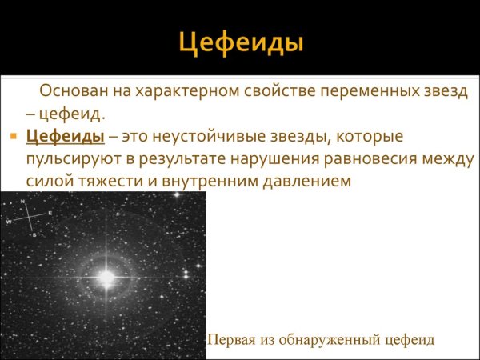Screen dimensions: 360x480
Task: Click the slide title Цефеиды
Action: click(x=240, y=42)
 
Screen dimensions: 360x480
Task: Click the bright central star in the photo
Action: click(x=106, y=277)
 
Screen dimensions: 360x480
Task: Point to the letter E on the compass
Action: click(x=50, y=214)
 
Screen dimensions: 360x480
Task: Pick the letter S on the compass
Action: click(x=34, y=235)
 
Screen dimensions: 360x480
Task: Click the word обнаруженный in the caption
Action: click(x=330, y=339)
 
